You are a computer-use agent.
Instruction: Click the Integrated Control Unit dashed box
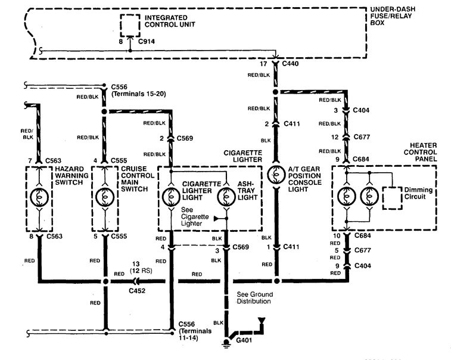click(x=131, y=24)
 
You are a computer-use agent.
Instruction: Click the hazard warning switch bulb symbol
click(x=39, y=196)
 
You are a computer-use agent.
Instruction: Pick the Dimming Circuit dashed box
click(x=393, y=197)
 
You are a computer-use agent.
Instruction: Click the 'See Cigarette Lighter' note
click(x=195, y=218)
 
